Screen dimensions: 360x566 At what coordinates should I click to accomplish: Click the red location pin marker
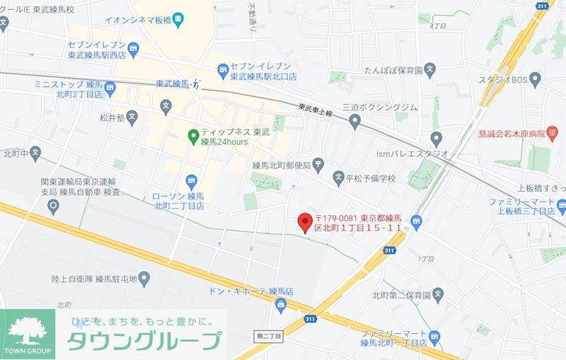(x=304, y=222)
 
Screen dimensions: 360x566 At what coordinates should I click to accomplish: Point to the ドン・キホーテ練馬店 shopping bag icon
(x=282, y=304)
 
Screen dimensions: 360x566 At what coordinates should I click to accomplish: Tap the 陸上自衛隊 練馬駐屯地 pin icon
(x=144, y=279)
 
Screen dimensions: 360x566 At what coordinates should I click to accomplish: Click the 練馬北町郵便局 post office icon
(x=319, y=166)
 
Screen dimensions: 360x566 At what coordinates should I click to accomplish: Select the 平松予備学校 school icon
(x=339, y=177)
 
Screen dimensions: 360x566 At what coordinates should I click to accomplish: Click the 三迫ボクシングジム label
(x=380, y=107)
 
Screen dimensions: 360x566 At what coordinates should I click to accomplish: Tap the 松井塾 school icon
(x=133, y=117)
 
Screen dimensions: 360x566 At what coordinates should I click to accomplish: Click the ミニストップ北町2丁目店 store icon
(x=110, y=90)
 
